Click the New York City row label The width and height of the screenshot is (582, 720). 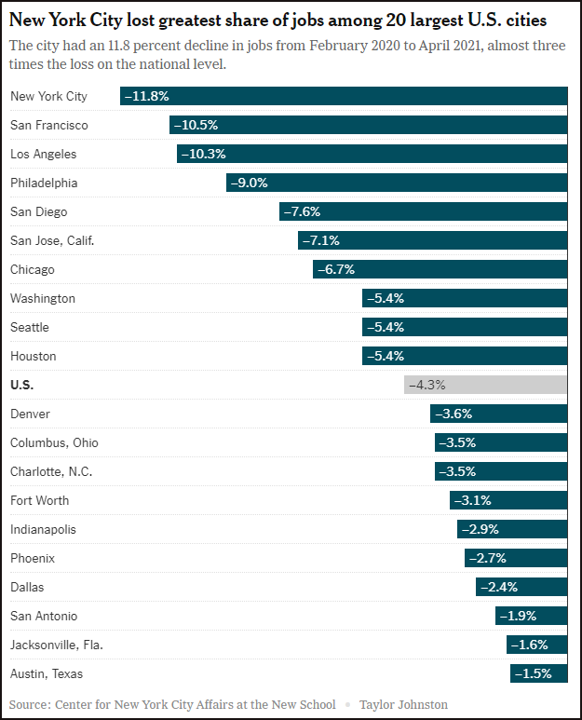(x=48, y=96)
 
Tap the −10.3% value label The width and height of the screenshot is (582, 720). (x=204, y=154)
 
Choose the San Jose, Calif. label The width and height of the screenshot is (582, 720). (x=52, y=240)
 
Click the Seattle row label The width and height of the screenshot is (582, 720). (x=29, y=327)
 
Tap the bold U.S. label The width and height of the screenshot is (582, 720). (x=21, y=385)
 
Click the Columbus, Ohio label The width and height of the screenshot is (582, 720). (x=54, y=442)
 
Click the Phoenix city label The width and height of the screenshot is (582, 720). (x=33, y=558)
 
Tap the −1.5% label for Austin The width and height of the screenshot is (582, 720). (x=534, y=673)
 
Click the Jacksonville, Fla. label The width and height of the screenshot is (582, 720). (x=57, y=645)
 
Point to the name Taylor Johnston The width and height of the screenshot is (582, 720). (x=403, y=704)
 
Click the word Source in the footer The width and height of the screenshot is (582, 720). (x=29, y=704)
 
